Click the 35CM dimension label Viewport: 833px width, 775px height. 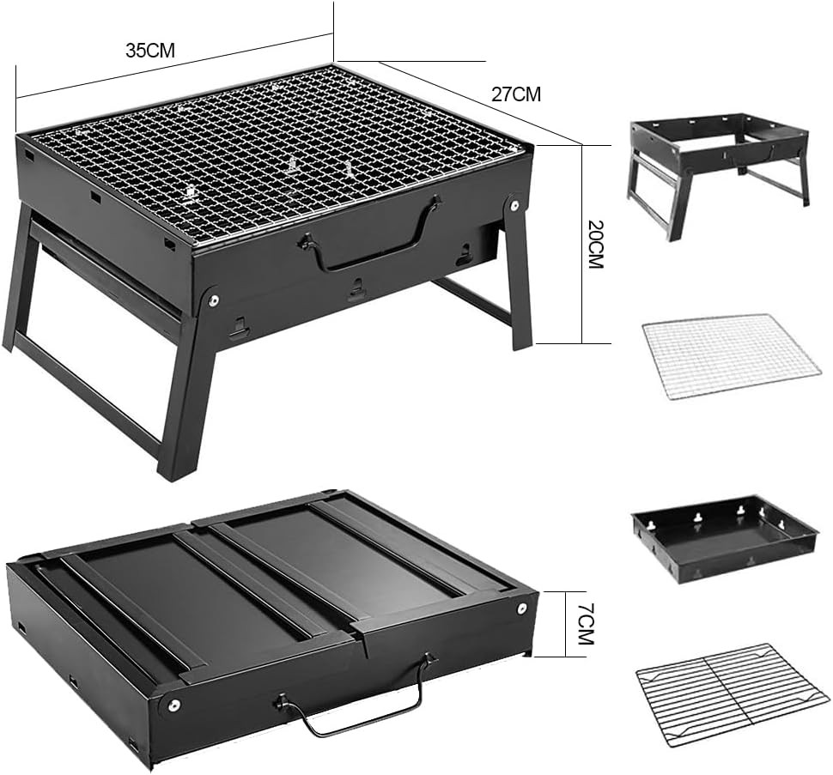150,51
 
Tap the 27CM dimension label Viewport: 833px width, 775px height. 516,94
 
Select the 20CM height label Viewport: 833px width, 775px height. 596,244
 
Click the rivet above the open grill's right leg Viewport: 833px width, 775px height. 514,204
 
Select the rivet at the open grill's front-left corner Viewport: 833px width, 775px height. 214,301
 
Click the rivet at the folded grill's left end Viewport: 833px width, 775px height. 173,705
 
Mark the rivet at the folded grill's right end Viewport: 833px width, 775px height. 522,608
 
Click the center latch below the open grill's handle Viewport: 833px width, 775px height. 356,289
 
